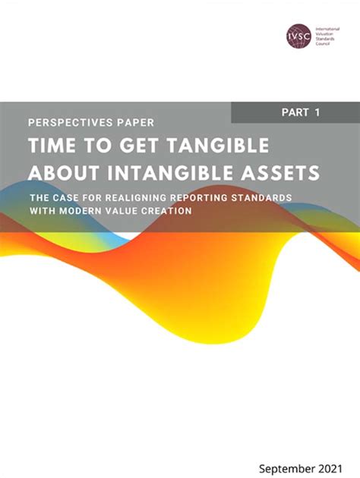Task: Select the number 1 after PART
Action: pyautogui.click(x=316, y=112)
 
